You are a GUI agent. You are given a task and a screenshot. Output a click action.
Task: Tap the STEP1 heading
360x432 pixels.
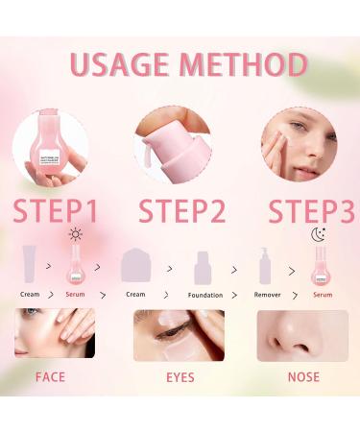(55, 211)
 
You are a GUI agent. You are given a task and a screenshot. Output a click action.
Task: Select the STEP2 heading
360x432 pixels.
(180, 211)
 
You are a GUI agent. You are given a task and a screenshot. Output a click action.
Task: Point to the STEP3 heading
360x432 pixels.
(309, 211)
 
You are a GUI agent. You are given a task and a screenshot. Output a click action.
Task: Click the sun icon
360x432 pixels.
(75, 233)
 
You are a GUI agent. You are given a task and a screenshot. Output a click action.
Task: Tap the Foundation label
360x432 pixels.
(204, 295)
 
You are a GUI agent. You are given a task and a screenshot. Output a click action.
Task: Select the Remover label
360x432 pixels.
(267, 294)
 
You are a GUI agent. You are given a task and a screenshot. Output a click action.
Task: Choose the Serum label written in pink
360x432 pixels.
(323, 294)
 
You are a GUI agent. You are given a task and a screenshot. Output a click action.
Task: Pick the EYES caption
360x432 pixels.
(180, 376)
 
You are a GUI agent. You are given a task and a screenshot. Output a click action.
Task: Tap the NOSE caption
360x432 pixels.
(304, 376)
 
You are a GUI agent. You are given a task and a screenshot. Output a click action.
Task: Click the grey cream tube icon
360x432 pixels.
(31, 265)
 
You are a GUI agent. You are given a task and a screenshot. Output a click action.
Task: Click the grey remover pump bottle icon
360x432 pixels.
(264, 265)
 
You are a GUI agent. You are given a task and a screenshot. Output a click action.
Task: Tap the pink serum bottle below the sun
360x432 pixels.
(75, 265)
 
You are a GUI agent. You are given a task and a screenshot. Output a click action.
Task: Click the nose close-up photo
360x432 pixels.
(298, 334)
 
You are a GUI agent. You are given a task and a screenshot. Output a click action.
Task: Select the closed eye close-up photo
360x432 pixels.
(179, 334)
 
